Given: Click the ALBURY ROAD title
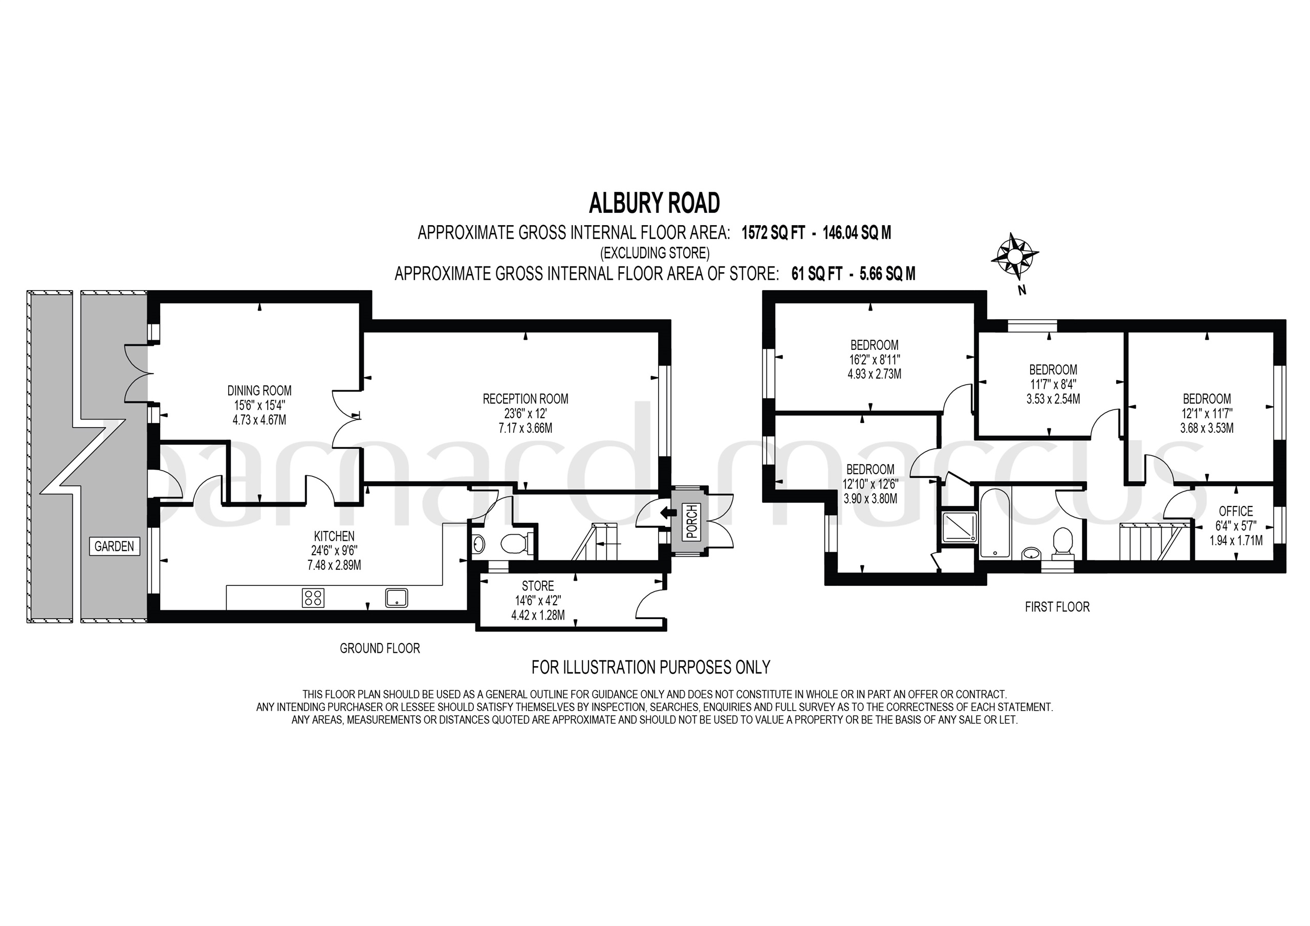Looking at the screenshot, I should click(x=654, y=203).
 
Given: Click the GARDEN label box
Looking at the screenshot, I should click(x=114, y=546).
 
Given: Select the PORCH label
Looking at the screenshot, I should click(x=691, y=521).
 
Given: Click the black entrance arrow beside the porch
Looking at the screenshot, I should click(x=665, y=513).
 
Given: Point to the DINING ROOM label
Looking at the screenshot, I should click(x=259, y=391).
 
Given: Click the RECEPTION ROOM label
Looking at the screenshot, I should click(x=525, y=399).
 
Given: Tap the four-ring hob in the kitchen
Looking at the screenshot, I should click(x=313, y=598).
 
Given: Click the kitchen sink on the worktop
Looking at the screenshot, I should click(x=397, y=598).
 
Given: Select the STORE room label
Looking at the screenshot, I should click(x=537, y=586).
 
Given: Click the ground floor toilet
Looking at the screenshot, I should click(x=516, y=543).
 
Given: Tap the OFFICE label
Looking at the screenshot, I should click(x=1236, y=511).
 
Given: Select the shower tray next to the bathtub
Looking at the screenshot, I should click(x=958, y=526).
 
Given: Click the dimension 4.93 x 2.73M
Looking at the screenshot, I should click(x=874, y=375).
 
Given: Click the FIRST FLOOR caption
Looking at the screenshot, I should click(x=1057, y=607).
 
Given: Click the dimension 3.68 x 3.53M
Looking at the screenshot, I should click(x=1206, y=428).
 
